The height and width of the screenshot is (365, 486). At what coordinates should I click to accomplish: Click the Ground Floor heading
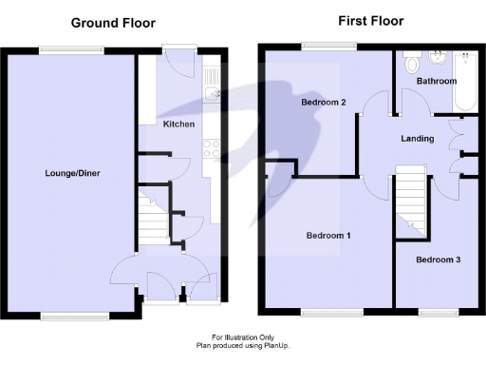coord(113,22)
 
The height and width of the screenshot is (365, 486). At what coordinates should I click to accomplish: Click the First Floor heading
coord(371,21)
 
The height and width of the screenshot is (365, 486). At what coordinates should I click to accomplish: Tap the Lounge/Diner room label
coord(72,174)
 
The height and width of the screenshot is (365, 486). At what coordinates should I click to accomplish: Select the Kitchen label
coord(178,125)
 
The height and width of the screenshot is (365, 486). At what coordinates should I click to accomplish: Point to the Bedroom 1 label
coord(328,236)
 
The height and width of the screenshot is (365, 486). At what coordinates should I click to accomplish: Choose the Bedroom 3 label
coord(439,259)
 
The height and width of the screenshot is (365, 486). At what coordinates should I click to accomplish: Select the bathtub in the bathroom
coord(467,81)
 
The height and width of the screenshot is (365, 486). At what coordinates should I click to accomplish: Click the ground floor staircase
coord(152,218)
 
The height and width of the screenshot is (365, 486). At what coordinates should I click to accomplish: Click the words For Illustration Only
coord(242,336)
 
